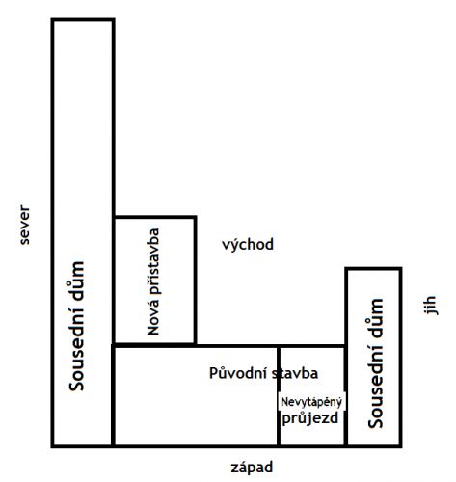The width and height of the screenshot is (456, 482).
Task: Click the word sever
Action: click(25, 226)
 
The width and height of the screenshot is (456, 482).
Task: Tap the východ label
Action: click(248, 245)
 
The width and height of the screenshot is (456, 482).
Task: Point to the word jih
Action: click(429, 306)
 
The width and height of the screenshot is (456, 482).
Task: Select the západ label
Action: click(252, 468)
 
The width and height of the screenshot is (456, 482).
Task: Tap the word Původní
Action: click(238, 373)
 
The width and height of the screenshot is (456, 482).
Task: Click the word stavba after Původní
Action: click(295, 373)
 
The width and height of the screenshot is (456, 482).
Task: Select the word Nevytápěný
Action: click(311, 402)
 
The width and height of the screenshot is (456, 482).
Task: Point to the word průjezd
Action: click(310, 418)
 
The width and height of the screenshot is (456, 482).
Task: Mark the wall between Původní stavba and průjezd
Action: click(279, 396)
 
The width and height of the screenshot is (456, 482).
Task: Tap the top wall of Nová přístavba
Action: click(155, 218)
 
